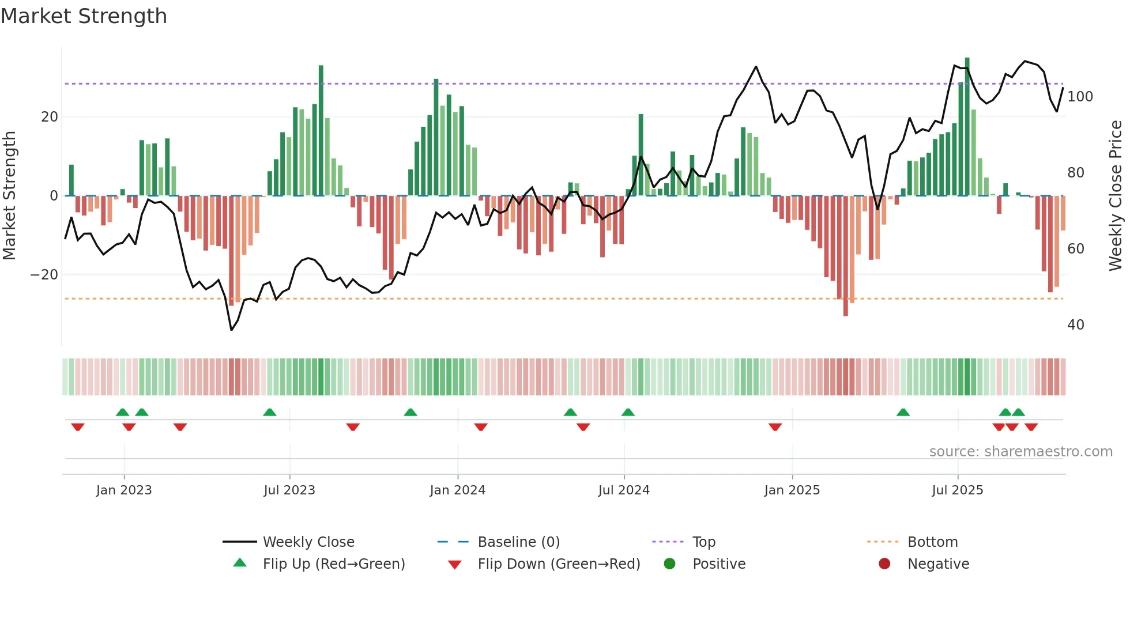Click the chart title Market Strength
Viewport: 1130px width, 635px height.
pos(84,16)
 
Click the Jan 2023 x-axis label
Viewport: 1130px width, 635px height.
pos(124,490)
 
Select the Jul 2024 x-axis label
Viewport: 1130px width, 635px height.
pos(624,490)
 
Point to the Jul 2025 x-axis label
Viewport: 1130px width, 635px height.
pos(958,490)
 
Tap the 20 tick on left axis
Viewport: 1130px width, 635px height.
pos(50,117)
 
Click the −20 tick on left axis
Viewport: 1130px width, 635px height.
pos(45,275)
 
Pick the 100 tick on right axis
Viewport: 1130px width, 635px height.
pos(1080,97)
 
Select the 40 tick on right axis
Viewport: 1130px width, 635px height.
pos(1076,325)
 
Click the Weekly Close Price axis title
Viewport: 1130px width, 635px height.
pos(1116,196)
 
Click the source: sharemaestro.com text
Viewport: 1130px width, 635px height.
pos(1020,452)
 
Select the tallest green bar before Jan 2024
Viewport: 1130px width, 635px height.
pos(321,130)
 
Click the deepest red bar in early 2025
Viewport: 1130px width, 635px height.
pos(846,256)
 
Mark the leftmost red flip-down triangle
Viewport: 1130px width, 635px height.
pos(78,427)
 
